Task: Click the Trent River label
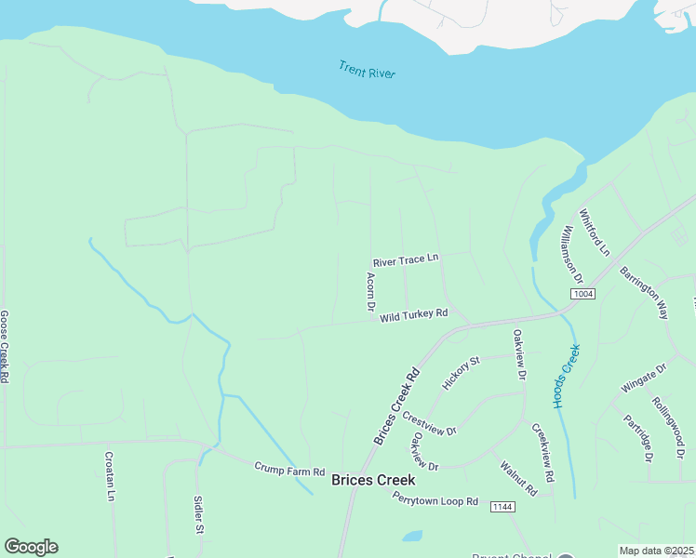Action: coord(366,68)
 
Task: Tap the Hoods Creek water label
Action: coord(566,377)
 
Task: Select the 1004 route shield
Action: coord(582,294)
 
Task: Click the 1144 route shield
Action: coord(502,507)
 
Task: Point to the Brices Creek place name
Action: coord(373,481)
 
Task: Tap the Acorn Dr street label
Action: coord(369,292)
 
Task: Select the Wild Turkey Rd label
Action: coord(414,315)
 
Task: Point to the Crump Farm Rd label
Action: coord(289,472)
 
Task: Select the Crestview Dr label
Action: coord(430,424)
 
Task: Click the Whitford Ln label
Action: coord(594,232)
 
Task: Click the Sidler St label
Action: coord(198,514)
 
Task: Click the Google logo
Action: coord(31,547)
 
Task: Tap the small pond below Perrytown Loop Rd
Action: coord(411,537)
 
